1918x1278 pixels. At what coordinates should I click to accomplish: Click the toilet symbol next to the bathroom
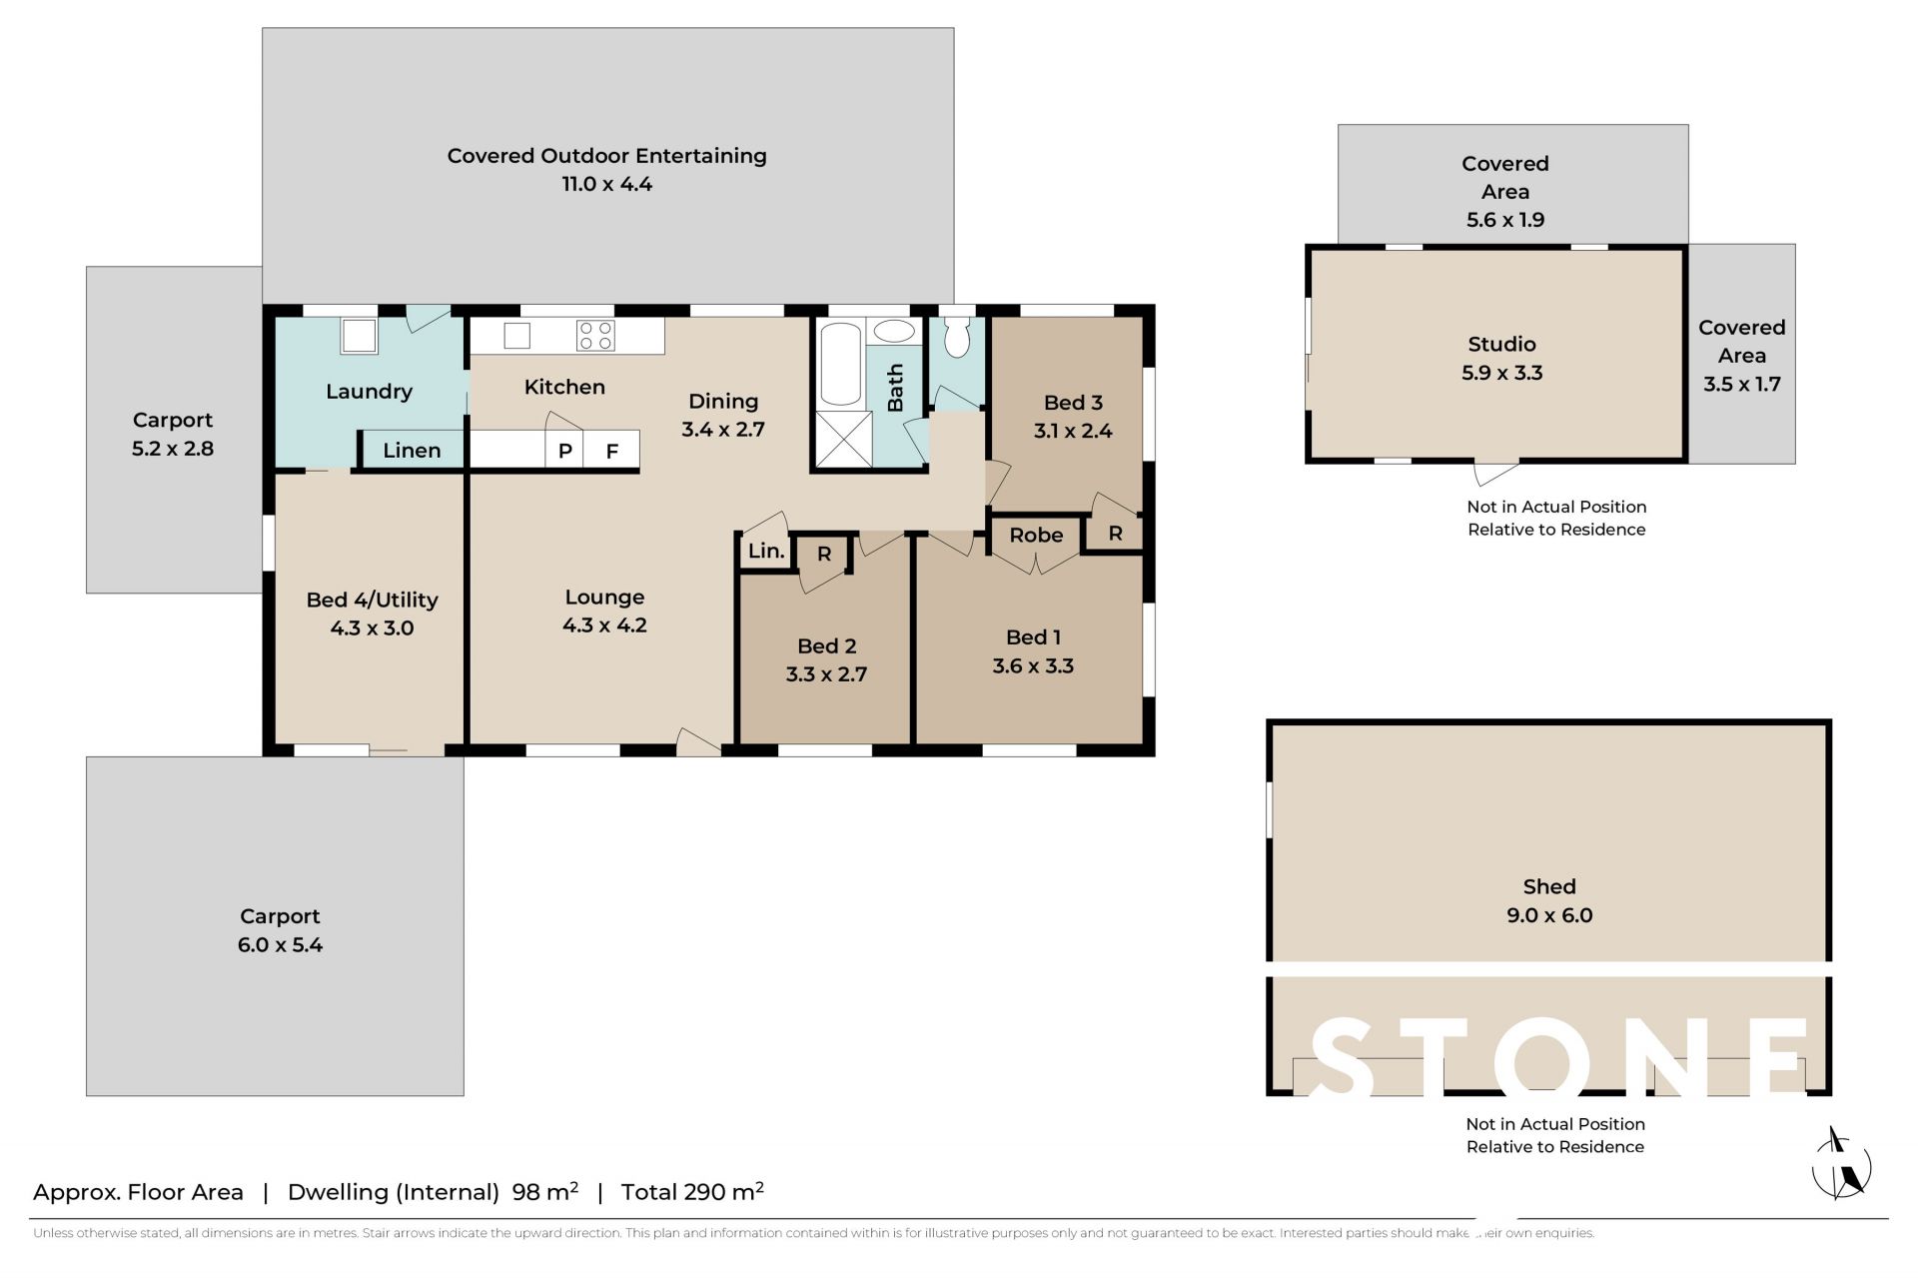pos(957,337)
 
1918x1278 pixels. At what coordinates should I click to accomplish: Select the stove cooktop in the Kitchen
pos(595,335)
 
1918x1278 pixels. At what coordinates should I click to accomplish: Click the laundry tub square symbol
pos(359,336)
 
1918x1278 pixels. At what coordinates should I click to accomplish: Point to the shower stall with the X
pos(843,439)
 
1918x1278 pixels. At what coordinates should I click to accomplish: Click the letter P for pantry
pos(564,451)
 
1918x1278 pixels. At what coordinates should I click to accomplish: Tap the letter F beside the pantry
pos(612,452)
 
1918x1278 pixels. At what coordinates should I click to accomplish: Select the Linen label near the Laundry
pos(412,450)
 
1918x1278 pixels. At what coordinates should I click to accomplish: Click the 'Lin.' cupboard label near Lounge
pos(766,551)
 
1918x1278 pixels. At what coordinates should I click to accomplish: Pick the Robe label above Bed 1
pos(1036,535)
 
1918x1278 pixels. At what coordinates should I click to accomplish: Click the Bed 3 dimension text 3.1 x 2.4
pos(1073,431)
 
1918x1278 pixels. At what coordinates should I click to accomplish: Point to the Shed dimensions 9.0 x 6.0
pos(1549,915)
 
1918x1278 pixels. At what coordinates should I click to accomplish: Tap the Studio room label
pos(1501,344)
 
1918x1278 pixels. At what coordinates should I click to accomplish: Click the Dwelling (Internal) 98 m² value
pos(545,1191)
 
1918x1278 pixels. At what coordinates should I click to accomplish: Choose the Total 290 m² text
pos(692,1191)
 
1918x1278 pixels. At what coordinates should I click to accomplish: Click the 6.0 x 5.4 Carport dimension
pos(280,945)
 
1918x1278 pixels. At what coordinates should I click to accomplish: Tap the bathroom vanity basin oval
pos(894,331)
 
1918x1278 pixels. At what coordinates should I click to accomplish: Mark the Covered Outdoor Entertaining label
pos(607,156)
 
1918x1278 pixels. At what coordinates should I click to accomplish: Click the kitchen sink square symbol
pos(516,335)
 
